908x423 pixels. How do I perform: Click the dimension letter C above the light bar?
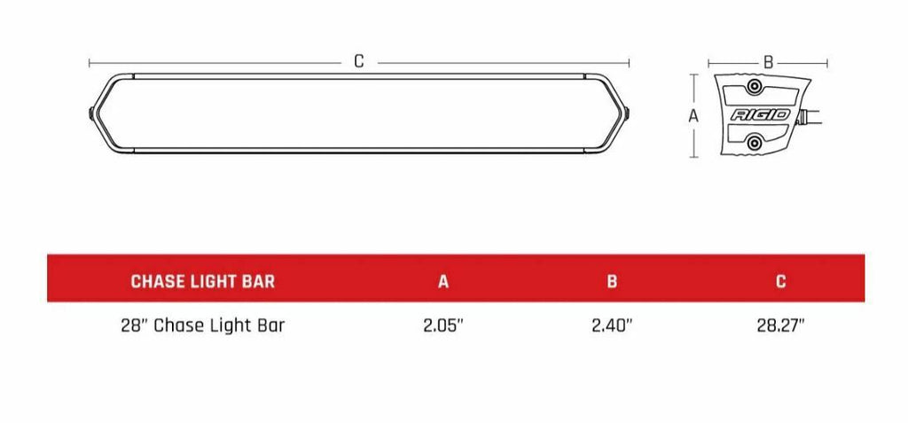click(359, 62)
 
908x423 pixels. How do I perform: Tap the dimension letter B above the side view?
click(769, 62)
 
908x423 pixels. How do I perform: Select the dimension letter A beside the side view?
click(694, 116)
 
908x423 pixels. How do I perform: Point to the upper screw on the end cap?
click(754, 87)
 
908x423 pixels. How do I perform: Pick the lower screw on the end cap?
click(754, 143)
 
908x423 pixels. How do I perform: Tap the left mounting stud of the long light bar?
click(93, 114)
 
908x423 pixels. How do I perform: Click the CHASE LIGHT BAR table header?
click(202, 282)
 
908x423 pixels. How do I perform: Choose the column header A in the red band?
click(443, 282)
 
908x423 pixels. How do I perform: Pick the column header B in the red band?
click(612, 282)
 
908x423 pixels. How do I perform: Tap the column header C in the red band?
click(780, 282)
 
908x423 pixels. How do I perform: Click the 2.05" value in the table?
click(443, 325)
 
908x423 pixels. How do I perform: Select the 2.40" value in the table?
click(612, 325)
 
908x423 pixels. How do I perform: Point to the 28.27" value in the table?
click(780, 325)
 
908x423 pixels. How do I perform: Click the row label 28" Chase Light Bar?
click(202, 325)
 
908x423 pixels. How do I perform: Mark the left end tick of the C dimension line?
click(90, 63)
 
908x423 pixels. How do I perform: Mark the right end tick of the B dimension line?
click(827, 63)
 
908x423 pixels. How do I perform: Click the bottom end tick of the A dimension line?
click(694, 157)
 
